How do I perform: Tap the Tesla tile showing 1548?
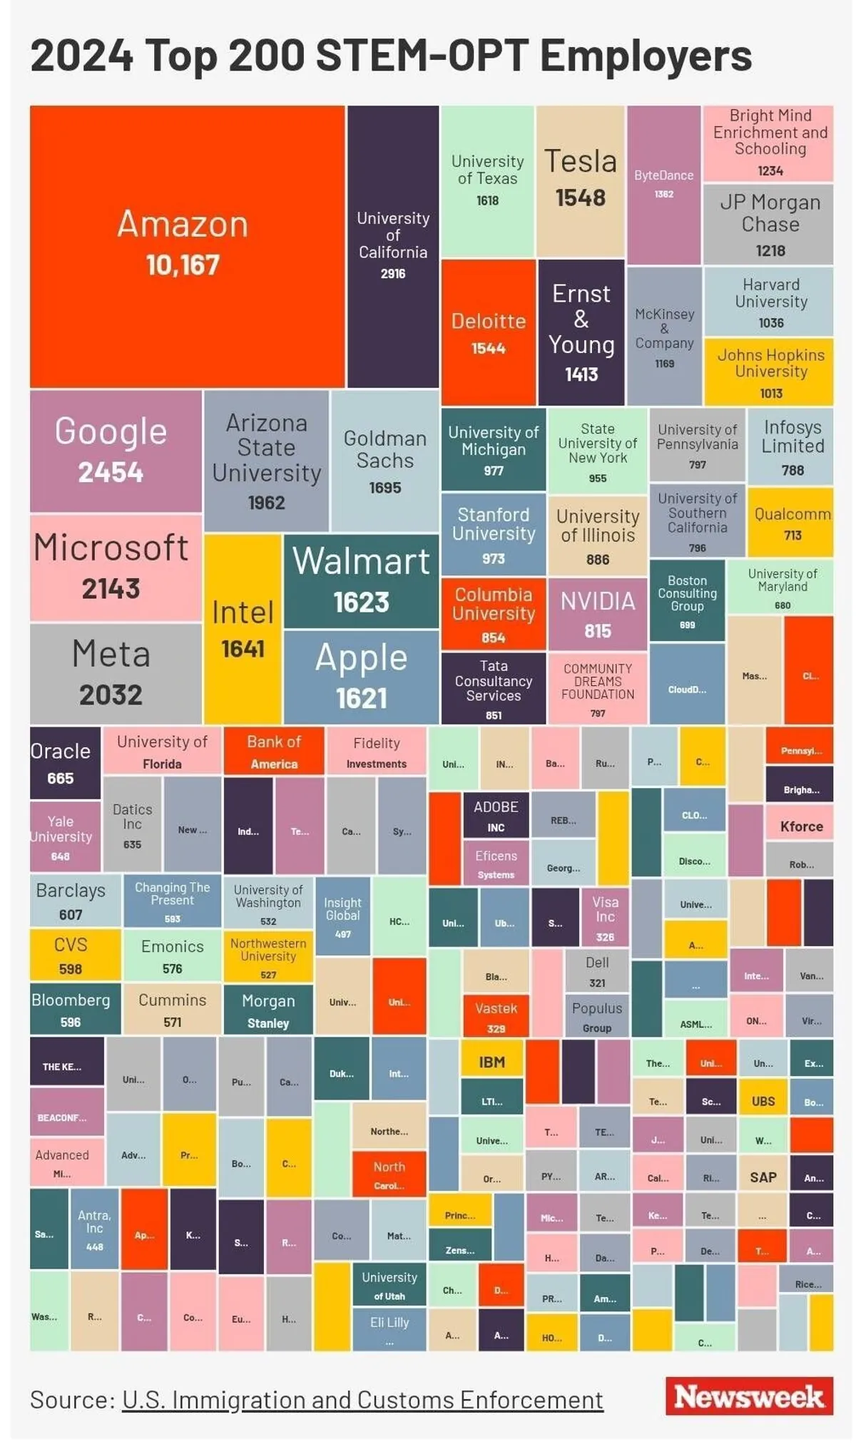coord(580,181)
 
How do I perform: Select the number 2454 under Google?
coord(111,472)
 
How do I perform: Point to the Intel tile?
coord(243,628)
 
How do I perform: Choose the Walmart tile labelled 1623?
coord(361,580)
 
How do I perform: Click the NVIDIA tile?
coord(597,614)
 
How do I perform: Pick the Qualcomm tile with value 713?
coord(792,522)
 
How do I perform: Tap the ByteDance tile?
coord(663,185)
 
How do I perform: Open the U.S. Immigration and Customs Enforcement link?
coord(362,1400)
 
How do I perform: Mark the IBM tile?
coord(491,1062)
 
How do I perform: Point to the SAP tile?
coord(763,1177)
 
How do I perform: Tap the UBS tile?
coord(763,1101)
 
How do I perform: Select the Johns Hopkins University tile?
coord(770,372)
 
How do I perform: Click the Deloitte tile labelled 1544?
coord(488,332)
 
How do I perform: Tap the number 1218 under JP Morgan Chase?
coord(770,251)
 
